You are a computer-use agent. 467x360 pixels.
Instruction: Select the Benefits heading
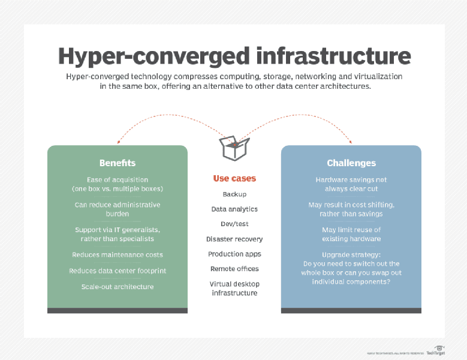117,163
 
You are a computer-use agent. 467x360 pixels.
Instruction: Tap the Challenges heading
351,163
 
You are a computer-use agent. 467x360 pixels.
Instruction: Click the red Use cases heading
234,178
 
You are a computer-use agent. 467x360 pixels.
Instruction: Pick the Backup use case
234,194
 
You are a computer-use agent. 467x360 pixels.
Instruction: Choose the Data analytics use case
234,209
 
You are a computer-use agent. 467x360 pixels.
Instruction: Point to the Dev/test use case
234,224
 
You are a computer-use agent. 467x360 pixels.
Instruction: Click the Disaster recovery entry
234,239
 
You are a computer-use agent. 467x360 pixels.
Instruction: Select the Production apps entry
234,254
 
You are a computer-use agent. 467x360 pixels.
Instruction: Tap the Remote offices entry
234,269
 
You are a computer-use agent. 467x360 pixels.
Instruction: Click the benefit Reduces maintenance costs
117,255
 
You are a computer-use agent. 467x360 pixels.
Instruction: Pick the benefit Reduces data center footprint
117,271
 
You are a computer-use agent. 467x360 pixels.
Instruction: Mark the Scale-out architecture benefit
117,287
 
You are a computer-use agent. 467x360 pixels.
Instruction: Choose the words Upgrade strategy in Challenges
351,255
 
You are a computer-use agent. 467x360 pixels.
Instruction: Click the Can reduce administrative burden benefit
117,209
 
